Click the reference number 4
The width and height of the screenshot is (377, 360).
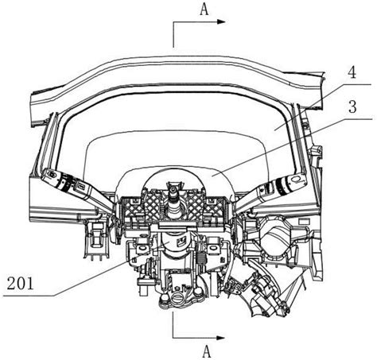coord(352,71)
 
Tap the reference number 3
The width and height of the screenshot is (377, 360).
coord(352,106)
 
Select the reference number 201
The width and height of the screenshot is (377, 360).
coord(20,283)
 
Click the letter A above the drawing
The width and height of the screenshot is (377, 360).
coord(204,10)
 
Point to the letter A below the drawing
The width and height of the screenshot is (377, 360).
coord(206,351)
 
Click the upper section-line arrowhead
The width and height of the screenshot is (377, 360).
coord(221,21)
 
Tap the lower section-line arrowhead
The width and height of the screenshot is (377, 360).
coord(221,338)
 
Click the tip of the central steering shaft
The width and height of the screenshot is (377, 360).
coord(173,188)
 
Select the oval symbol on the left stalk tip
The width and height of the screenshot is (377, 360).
coord(52,174)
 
